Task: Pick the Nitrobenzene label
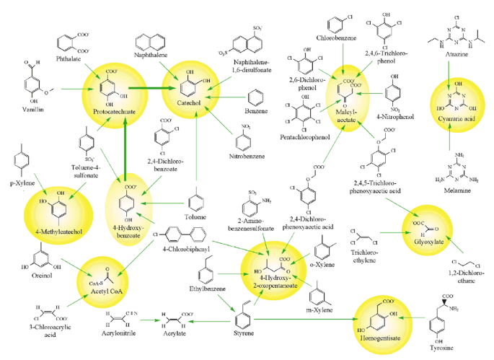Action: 247,155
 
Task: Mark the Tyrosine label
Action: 448,346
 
